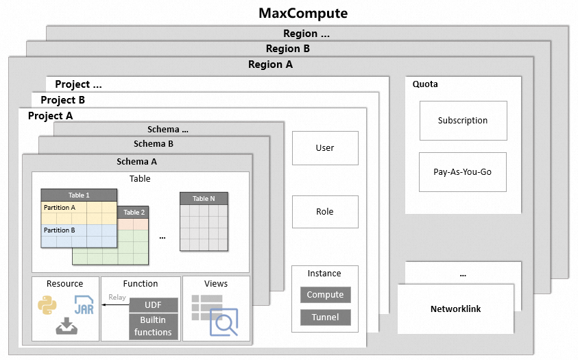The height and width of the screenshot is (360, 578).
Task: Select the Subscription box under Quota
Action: (463, 121)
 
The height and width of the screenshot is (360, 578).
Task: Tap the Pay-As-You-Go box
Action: (463, 171)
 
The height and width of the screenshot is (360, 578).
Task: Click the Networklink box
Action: (455, 309)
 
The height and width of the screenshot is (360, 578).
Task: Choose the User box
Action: (325, 147)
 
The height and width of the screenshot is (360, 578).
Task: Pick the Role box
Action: (325, 211)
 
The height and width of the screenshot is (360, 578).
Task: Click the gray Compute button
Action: (325, 295)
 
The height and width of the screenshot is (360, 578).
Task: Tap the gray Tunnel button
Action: (325, 317)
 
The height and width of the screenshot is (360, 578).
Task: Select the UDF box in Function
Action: (153, 304)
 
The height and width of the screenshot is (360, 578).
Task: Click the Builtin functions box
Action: (153, 326)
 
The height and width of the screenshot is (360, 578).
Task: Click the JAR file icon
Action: (84, 305)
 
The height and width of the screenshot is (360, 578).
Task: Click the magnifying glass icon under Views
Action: (224, 322)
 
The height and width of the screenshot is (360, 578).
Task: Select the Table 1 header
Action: (78, 195)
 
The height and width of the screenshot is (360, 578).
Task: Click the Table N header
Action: (204, 198)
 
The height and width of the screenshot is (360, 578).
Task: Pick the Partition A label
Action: (60, 207)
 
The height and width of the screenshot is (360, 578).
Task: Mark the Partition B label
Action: (60, 230)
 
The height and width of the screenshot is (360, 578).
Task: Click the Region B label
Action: (288, 49)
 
